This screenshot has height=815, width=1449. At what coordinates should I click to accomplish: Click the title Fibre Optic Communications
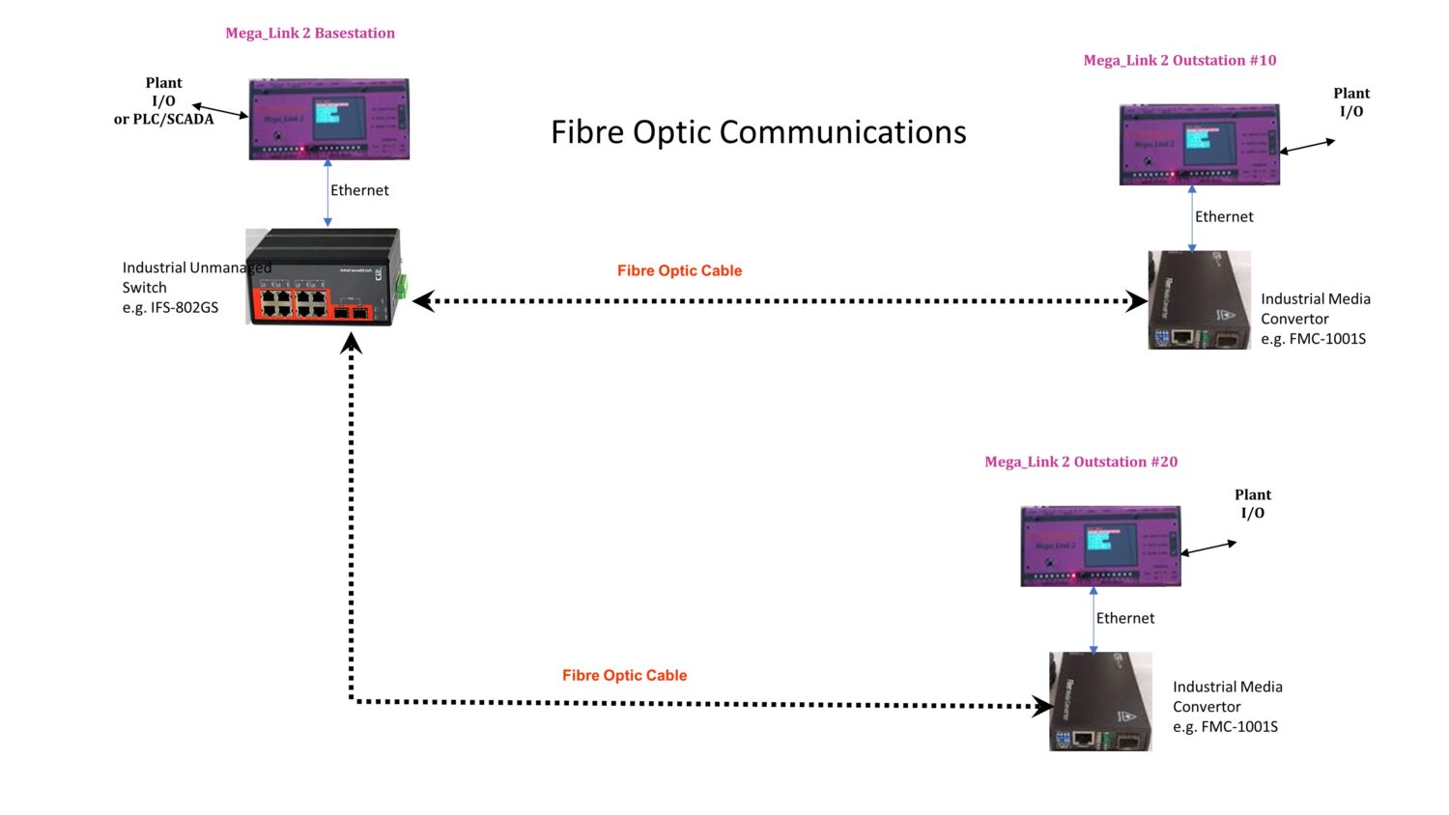[x=758, y=132]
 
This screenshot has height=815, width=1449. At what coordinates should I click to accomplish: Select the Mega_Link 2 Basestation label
[x=310, y=33]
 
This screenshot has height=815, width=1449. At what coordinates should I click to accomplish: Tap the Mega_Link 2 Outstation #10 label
[x=1179, y=60]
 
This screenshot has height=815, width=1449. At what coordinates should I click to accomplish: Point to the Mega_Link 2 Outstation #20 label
[x=1081, y=462]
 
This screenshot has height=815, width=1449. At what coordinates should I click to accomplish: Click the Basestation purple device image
[x=328, y=119]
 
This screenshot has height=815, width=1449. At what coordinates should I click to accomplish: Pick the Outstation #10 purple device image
[x=1199, y=144]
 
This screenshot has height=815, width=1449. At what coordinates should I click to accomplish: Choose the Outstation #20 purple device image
[x=1100, y=546]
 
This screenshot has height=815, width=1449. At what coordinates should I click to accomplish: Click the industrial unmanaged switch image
[x=323, y=277]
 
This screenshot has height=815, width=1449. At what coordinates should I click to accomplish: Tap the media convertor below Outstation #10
[x=1199, y=300]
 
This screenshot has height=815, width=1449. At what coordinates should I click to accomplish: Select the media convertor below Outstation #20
[x=1100, y=702]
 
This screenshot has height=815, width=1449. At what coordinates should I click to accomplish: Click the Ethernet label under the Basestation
[x=359, y=190]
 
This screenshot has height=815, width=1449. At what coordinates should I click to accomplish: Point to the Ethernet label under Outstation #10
[x=1224, y=216]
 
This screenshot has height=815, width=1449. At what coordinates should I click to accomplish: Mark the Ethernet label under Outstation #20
[x=1125, y=618]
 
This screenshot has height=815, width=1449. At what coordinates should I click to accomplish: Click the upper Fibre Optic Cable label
[x=679, y=270]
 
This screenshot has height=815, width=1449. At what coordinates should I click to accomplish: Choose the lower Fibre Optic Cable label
[x=624, y=675]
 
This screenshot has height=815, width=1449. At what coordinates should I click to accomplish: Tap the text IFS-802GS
[x=185, y=308]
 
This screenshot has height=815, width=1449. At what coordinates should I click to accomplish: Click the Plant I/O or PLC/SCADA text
[x=163, y=101]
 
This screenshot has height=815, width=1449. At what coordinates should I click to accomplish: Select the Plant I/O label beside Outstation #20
[x=1253, y=503]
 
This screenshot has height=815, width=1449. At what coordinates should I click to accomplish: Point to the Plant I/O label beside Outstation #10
[x=1351, y=101]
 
